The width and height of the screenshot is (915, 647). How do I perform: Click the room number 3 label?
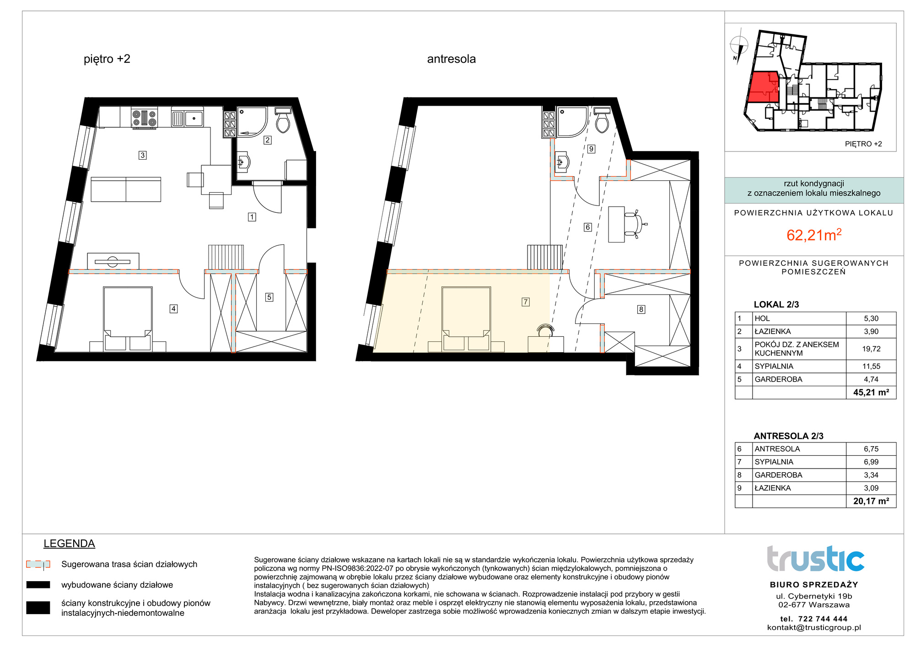click(143, 155)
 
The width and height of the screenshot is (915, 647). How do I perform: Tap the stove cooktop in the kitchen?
click(144, 118)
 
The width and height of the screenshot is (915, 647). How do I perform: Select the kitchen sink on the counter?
click(188, 119)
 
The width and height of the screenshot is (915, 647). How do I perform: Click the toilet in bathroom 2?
click(283, 120)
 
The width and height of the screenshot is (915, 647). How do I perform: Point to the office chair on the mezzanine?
click(635, 225)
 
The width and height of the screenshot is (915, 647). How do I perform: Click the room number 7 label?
click(526, 302)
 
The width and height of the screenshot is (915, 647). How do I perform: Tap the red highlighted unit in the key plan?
click(763, 87)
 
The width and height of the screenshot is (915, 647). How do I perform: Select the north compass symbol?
click(738, 47)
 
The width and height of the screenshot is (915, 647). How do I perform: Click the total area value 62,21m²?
click(814, 235)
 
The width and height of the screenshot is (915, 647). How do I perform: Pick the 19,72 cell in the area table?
click(871, 349)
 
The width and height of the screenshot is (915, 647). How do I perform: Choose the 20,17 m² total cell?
click(871, 501)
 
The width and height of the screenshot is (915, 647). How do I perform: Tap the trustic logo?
click(815, 559)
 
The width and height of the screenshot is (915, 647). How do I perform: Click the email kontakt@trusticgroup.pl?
click(814, 627)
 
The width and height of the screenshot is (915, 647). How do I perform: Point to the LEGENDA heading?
click(69, 544)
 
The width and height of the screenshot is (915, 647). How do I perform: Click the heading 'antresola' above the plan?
click(451, 59)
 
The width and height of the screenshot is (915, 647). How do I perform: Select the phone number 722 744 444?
click(823, 619)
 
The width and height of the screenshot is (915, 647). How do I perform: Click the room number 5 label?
click(269, 297)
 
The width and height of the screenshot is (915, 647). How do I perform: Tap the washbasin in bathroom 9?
click(562, 162)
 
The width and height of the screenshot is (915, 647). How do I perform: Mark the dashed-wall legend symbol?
click(38, 564)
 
